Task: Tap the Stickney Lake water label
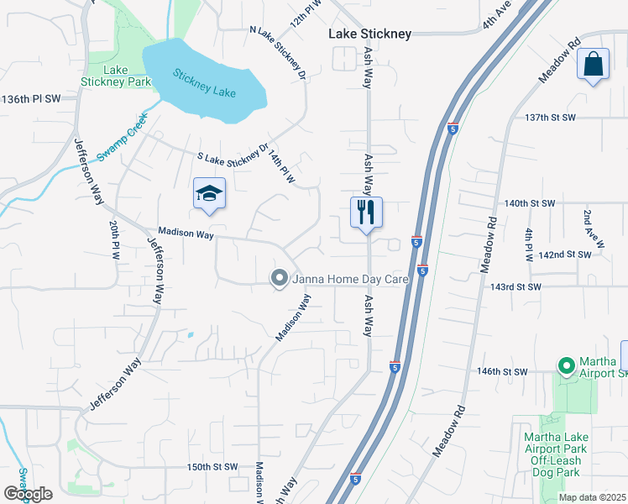(204, 84)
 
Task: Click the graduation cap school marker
(209, 194)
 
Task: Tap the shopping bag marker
(593, 65)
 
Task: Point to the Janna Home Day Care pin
(280, 279)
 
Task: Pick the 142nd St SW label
(568, 254)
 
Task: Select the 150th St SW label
(213, 467)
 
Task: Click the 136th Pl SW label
(32, 99)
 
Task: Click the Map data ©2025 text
(592, 497)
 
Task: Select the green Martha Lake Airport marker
(566, 366)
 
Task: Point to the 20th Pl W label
(115, 241)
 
